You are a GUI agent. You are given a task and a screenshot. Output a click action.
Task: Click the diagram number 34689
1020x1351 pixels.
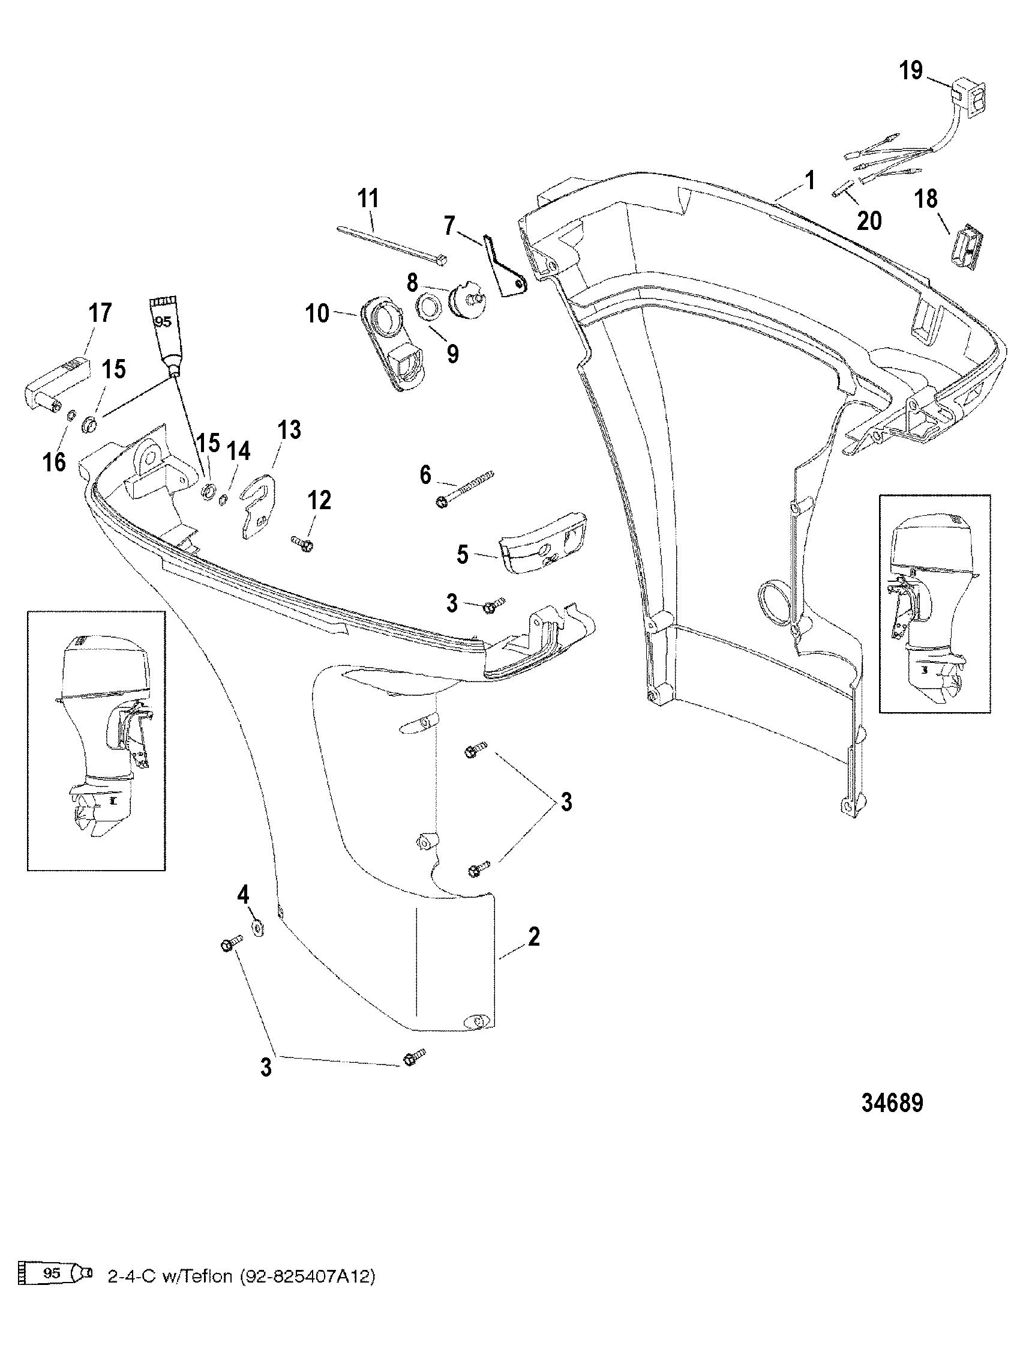892,1103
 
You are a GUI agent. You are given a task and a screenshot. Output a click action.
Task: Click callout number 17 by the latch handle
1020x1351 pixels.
100,313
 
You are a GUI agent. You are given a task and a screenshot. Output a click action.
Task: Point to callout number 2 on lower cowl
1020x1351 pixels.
533,936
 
